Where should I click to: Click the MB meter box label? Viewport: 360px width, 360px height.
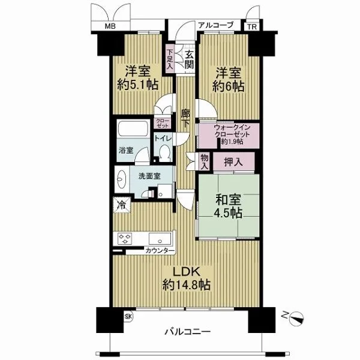(x=110, y=26)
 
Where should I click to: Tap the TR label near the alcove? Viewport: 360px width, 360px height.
(x=252, y=27)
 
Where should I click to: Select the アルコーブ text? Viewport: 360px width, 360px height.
(x=215, y=25)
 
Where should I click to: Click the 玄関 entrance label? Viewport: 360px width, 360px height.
(x=190, y=59)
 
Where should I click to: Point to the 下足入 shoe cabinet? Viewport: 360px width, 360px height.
(x=170, y=59)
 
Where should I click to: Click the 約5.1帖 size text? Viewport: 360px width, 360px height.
(x=138, y=85)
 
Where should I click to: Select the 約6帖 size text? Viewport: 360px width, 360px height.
(x=228, y=86)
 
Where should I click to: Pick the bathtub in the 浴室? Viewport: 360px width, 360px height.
(x=133, y=129)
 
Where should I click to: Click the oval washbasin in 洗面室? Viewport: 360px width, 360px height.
(x=121, y=179)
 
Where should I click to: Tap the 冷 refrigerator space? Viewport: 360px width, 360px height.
(x=122, y=205)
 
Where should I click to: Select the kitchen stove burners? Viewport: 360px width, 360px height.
(x=125, y=239)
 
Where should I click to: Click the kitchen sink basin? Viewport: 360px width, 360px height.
(x=160, y=239)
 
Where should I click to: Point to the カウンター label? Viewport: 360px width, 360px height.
(x=160, y=251)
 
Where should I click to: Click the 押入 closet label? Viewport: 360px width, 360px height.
(x=233, y=162)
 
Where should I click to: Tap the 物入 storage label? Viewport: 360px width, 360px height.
(x=205, y=161)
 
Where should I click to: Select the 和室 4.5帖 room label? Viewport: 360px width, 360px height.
(x=228, y=206)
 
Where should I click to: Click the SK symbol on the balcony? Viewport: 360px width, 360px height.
(x=128, y=317)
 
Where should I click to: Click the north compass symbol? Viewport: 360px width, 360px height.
(x=296, y=319)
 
